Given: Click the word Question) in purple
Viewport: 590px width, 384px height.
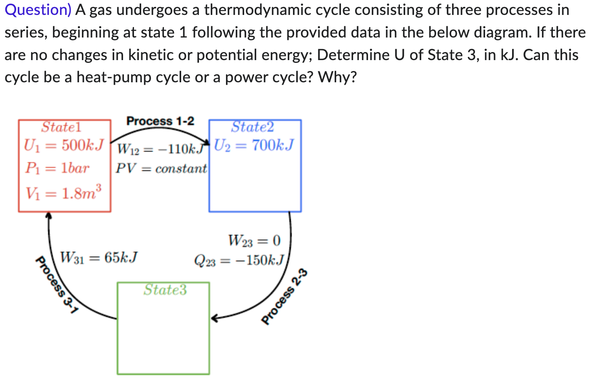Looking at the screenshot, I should tap(38, 10).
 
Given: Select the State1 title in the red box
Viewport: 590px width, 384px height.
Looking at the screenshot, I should tap(61, 127).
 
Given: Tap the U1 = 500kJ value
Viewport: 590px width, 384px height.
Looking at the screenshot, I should tap(64, 145).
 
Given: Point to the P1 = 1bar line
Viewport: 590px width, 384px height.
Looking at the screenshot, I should tap(57, 168).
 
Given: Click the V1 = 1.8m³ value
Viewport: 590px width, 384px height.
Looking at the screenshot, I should tap(63, 193).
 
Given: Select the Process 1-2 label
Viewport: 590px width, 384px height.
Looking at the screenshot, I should tap(160, 121).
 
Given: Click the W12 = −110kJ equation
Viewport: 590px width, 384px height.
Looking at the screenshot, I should tap(160, 149).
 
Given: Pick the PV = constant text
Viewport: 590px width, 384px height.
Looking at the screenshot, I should tap(161, 168).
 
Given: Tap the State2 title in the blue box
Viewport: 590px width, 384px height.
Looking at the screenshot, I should tap(252, 127).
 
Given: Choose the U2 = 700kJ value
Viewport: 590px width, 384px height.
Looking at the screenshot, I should tap(254, 145).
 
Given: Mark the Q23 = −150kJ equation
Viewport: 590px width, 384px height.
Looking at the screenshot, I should tap(239, 261).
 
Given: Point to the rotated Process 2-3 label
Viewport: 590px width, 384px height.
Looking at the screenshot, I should tap(285, 296).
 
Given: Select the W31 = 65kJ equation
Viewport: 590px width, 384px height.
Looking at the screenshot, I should tap(99, 257).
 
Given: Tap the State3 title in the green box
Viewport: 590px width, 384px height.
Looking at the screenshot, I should tap(165, 290).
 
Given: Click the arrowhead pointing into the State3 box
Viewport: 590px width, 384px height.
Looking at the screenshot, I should tap(214, 319).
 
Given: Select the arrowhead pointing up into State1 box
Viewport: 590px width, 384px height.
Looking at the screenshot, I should tap(49, 215).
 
